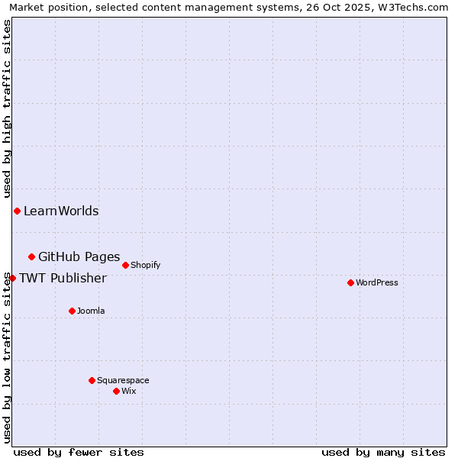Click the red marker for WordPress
coord(350,282)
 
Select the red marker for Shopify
coord(125,265)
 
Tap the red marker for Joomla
coord(72,311)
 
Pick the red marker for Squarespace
coord(92,380)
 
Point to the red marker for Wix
coord(116,391)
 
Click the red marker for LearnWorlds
coord(17,211)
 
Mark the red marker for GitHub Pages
coord(31,256)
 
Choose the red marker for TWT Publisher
coord(12,278)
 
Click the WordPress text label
coord(377,282)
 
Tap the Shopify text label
coord(145,265)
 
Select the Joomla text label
coord(91,311)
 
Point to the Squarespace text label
coord(123,380)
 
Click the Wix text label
coord(129,391)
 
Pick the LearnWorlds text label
coord(61,211)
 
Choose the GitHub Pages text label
coord(79,256)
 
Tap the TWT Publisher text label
coord(63,278)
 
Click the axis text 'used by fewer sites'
coord(79,452)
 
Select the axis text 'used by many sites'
coord(383,452)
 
